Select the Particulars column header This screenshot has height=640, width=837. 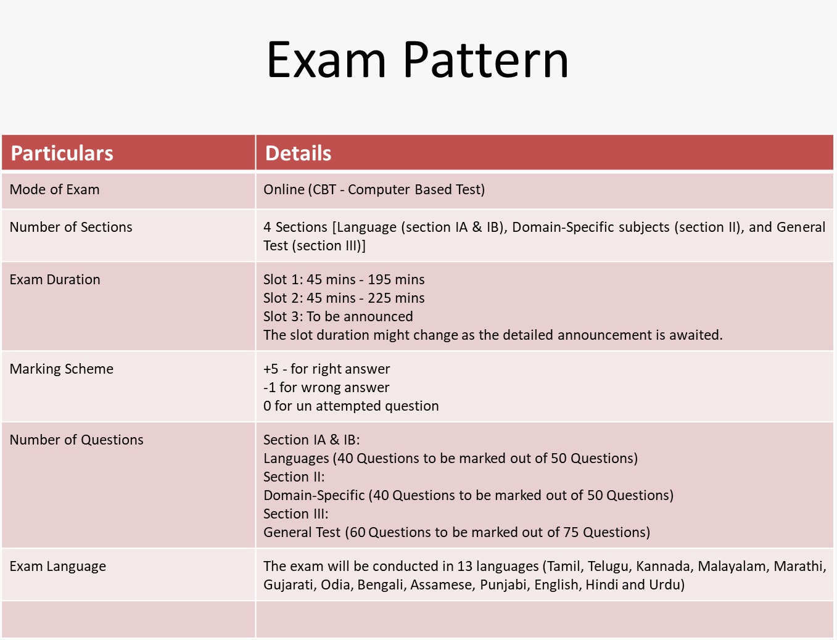62,153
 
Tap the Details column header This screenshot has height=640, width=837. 298,153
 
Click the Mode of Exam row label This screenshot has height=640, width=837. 54,189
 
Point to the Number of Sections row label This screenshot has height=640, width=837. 71,227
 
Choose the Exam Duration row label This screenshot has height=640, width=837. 55,279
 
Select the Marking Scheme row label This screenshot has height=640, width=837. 62,369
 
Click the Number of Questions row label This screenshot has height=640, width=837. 76,440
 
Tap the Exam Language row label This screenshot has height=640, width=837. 58,567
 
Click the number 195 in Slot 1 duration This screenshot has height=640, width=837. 379,279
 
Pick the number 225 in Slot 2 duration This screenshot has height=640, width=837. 379,298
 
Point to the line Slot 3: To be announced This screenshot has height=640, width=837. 338,316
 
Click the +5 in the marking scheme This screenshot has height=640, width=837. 271,369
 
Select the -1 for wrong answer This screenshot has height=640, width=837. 326,387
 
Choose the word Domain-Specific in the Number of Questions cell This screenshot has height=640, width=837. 314,495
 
